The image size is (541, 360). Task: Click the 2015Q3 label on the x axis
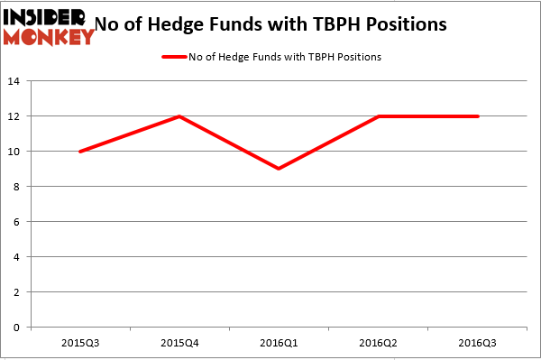tap(80, 344)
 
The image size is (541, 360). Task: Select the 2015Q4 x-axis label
tap(179, 344)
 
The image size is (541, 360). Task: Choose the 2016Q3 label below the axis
tap(478, 344)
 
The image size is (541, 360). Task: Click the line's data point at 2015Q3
tap(80, 152)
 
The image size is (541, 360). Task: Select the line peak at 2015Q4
tap(179, 116)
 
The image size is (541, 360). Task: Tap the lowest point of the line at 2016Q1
tap(279, 169)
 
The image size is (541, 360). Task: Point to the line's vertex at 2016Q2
tap(379, 116)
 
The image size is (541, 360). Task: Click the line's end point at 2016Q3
tap(478, 116)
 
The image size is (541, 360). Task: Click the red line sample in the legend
tap(174, 57)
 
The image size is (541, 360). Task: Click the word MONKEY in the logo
tap(49, 36)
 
